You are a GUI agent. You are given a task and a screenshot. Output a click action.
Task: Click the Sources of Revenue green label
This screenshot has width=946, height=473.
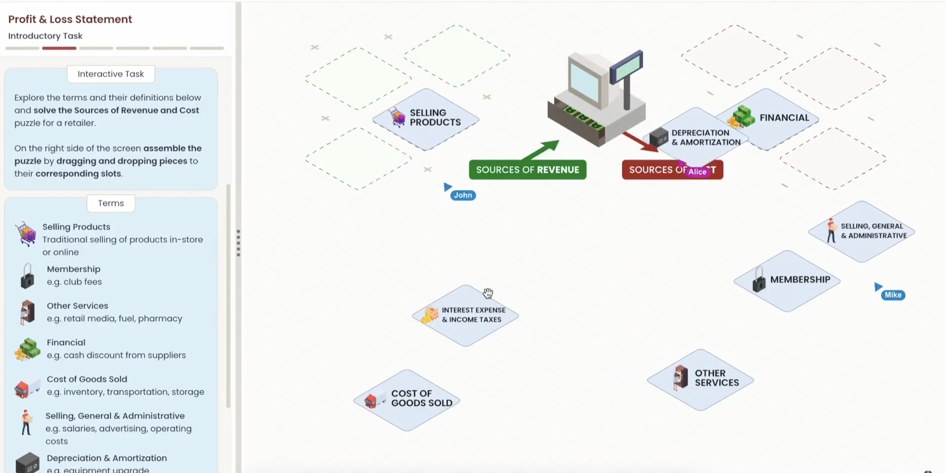[527, 170]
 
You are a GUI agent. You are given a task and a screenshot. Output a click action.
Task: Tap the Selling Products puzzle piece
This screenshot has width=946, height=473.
[426, 119]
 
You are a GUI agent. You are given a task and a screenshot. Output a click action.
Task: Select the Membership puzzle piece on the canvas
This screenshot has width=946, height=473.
[787, 280]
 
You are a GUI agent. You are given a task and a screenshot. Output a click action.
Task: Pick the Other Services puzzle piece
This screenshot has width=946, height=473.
[700, 379]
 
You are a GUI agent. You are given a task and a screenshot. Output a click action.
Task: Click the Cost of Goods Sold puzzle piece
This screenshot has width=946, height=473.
[406, 400]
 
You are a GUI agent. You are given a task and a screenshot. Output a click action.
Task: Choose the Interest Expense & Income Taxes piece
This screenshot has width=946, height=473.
[465, 315]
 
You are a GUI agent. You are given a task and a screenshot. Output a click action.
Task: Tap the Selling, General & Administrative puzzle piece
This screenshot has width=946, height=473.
[861, 231]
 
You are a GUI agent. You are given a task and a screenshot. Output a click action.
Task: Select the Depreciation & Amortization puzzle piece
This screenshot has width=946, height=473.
[699, 138]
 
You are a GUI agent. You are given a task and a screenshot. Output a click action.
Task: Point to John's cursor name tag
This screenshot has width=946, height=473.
[463, 195]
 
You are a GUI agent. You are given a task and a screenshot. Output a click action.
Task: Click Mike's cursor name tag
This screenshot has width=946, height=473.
[893, 295]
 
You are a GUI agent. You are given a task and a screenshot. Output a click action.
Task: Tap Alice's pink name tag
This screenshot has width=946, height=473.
[697, 172]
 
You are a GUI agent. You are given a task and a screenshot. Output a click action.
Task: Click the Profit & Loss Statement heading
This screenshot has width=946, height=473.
[70, 19]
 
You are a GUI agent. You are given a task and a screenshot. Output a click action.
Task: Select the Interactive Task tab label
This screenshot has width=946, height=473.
[111, 74]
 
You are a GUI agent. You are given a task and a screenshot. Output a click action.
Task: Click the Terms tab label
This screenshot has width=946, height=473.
[111, 203]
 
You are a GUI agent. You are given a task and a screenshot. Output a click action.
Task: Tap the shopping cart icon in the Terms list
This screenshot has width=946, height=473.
[25, 234]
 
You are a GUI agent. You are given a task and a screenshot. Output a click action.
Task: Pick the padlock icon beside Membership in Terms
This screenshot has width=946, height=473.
[27, 276]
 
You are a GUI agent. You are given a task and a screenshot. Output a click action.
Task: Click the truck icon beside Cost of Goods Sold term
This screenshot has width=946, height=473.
[27, 387]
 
